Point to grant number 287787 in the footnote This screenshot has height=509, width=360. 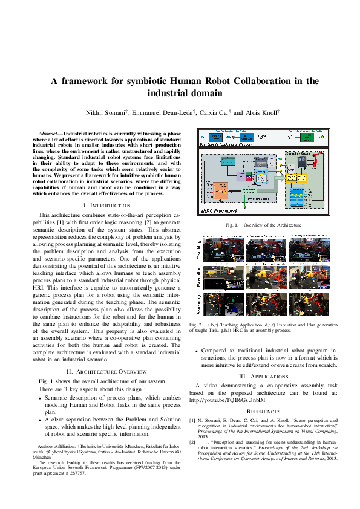coord(78,473)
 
